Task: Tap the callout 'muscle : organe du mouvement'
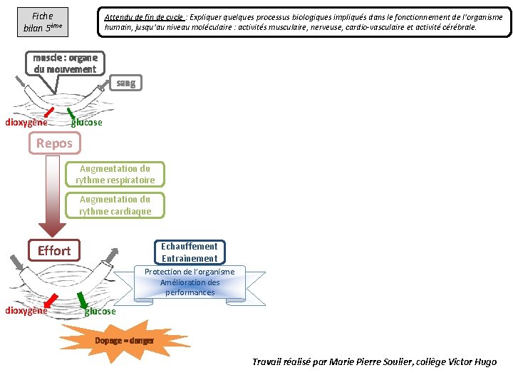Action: coord(65,63)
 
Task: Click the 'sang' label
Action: coord(125,83)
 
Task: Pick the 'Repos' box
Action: coord(54,143)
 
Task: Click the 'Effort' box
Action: coord(54,250)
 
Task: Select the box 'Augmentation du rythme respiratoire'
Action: coord(115,174)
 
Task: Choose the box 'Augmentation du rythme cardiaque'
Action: coord(115,205)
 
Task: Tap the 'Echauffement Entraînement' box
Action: coord(189,252)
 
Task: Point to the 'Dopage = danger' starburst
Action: coord(124,341)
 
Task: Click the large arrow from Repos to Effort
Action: coord(51,196)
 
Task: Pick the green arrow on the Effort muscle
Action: coord(82,299)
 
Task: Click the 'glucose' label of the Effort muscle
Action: coord(100,312)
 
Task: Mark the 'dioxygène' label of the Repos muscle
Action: coord(26,122)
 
